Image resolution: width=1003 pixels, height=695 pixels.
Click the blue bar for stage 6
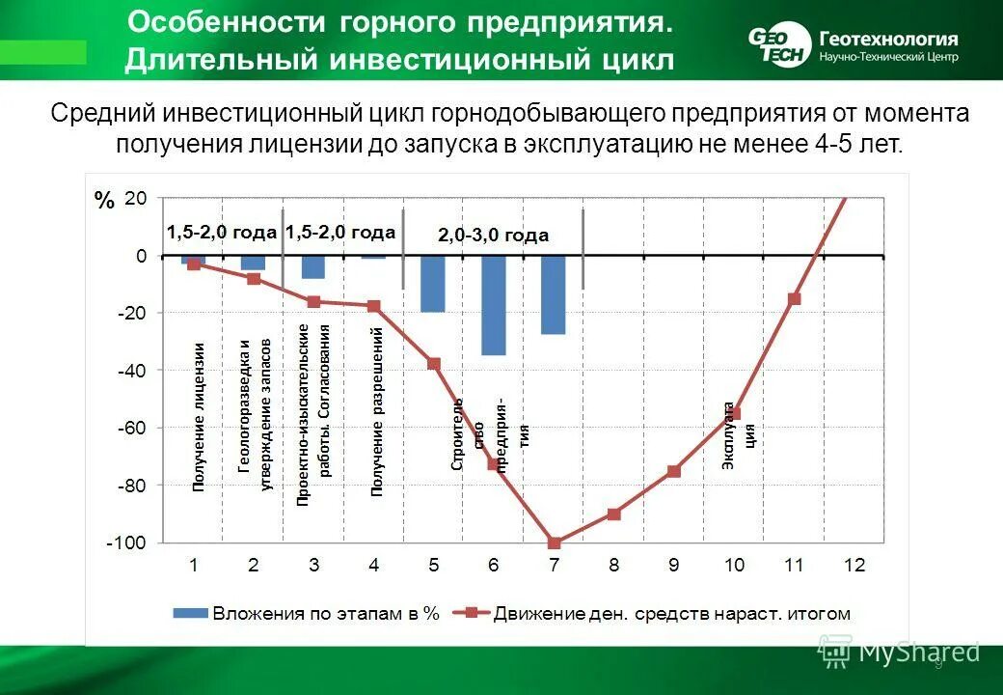493,305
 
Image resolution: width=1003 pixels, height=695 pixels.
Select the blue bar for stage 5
433,284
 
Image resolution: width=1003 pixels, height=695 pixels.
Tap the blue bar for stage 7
553,295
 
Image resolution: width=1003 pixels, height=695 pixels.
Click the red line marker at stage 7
554,543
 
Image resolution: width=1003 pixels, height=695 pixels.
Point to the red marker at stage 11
794,299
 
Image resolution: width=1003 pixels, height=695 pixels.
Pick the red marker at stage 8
613,514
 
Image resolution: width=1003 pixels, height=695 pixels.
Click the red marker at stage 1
194,264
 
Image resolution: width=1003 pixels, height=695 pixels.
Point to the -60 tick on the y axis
133,428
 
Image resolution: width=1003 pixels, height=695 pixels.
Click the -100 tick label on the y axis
127,543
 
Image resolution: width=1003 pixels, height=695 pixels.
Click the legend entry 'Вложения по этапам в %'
307,613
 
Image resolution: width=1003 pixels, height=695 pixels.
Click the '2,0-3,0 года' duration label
493,236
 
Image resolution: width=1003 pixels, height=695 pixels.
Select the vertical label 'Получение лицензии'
200,417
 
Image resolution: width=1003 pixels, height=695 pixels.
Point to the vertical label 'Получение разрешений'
377,411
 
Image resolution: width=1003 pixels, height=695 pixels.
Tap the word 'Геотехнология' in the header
888,39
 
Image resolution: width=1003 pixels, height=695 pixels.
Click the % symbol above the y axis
104,202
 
